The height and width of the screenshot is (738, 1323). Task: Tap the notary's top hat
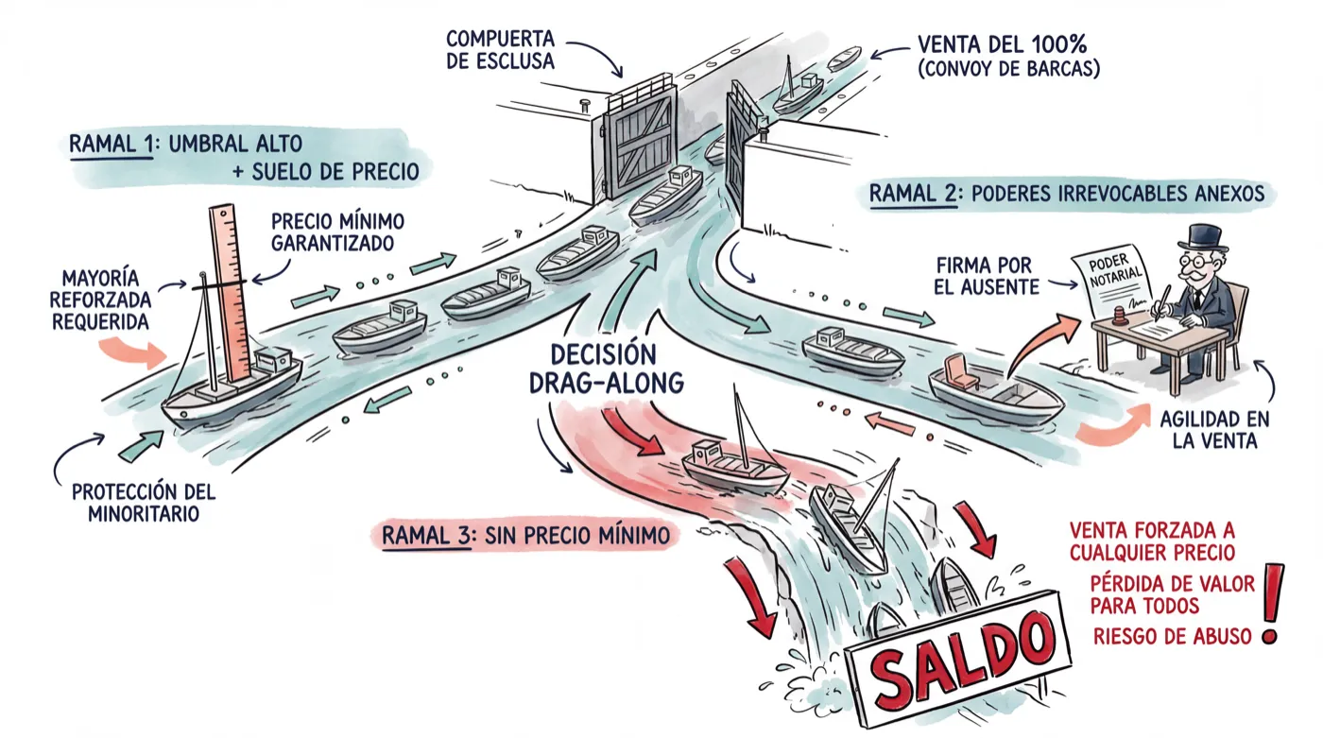pos(1199,237)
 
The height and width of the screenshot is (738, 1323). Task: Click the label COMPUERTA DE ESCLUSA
pos(500,49)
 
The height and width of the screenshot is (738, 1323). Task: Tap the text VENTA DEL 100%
pos(1002,44)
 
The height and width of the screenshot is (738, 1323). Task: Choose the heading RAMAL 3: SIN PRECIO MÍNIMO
pos(525,536)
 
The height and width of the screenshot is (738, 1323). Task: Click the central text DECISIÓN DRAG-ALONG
pos(606,369)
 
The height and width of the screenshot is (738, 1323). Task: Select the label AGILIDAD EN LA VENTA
pos(1214,430)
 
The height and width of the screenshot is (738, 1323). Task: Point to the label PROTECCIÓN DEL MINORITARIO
pos(144,503)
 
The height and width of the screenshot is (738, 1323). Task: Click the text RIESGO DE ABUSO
pos(1172,637)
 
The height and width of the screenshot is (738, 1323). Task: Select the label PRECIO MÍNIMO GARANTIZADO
pos(337,232)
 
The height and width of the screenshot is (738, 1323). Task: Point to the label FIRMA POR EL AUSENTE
pos(987,276)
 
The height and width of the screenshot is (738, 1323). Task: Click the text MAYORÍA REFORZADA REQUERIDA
pos(100,300)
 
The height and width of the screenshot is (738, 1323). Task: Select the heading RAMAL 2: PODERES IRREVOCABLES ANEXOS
pos(1067,193)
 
